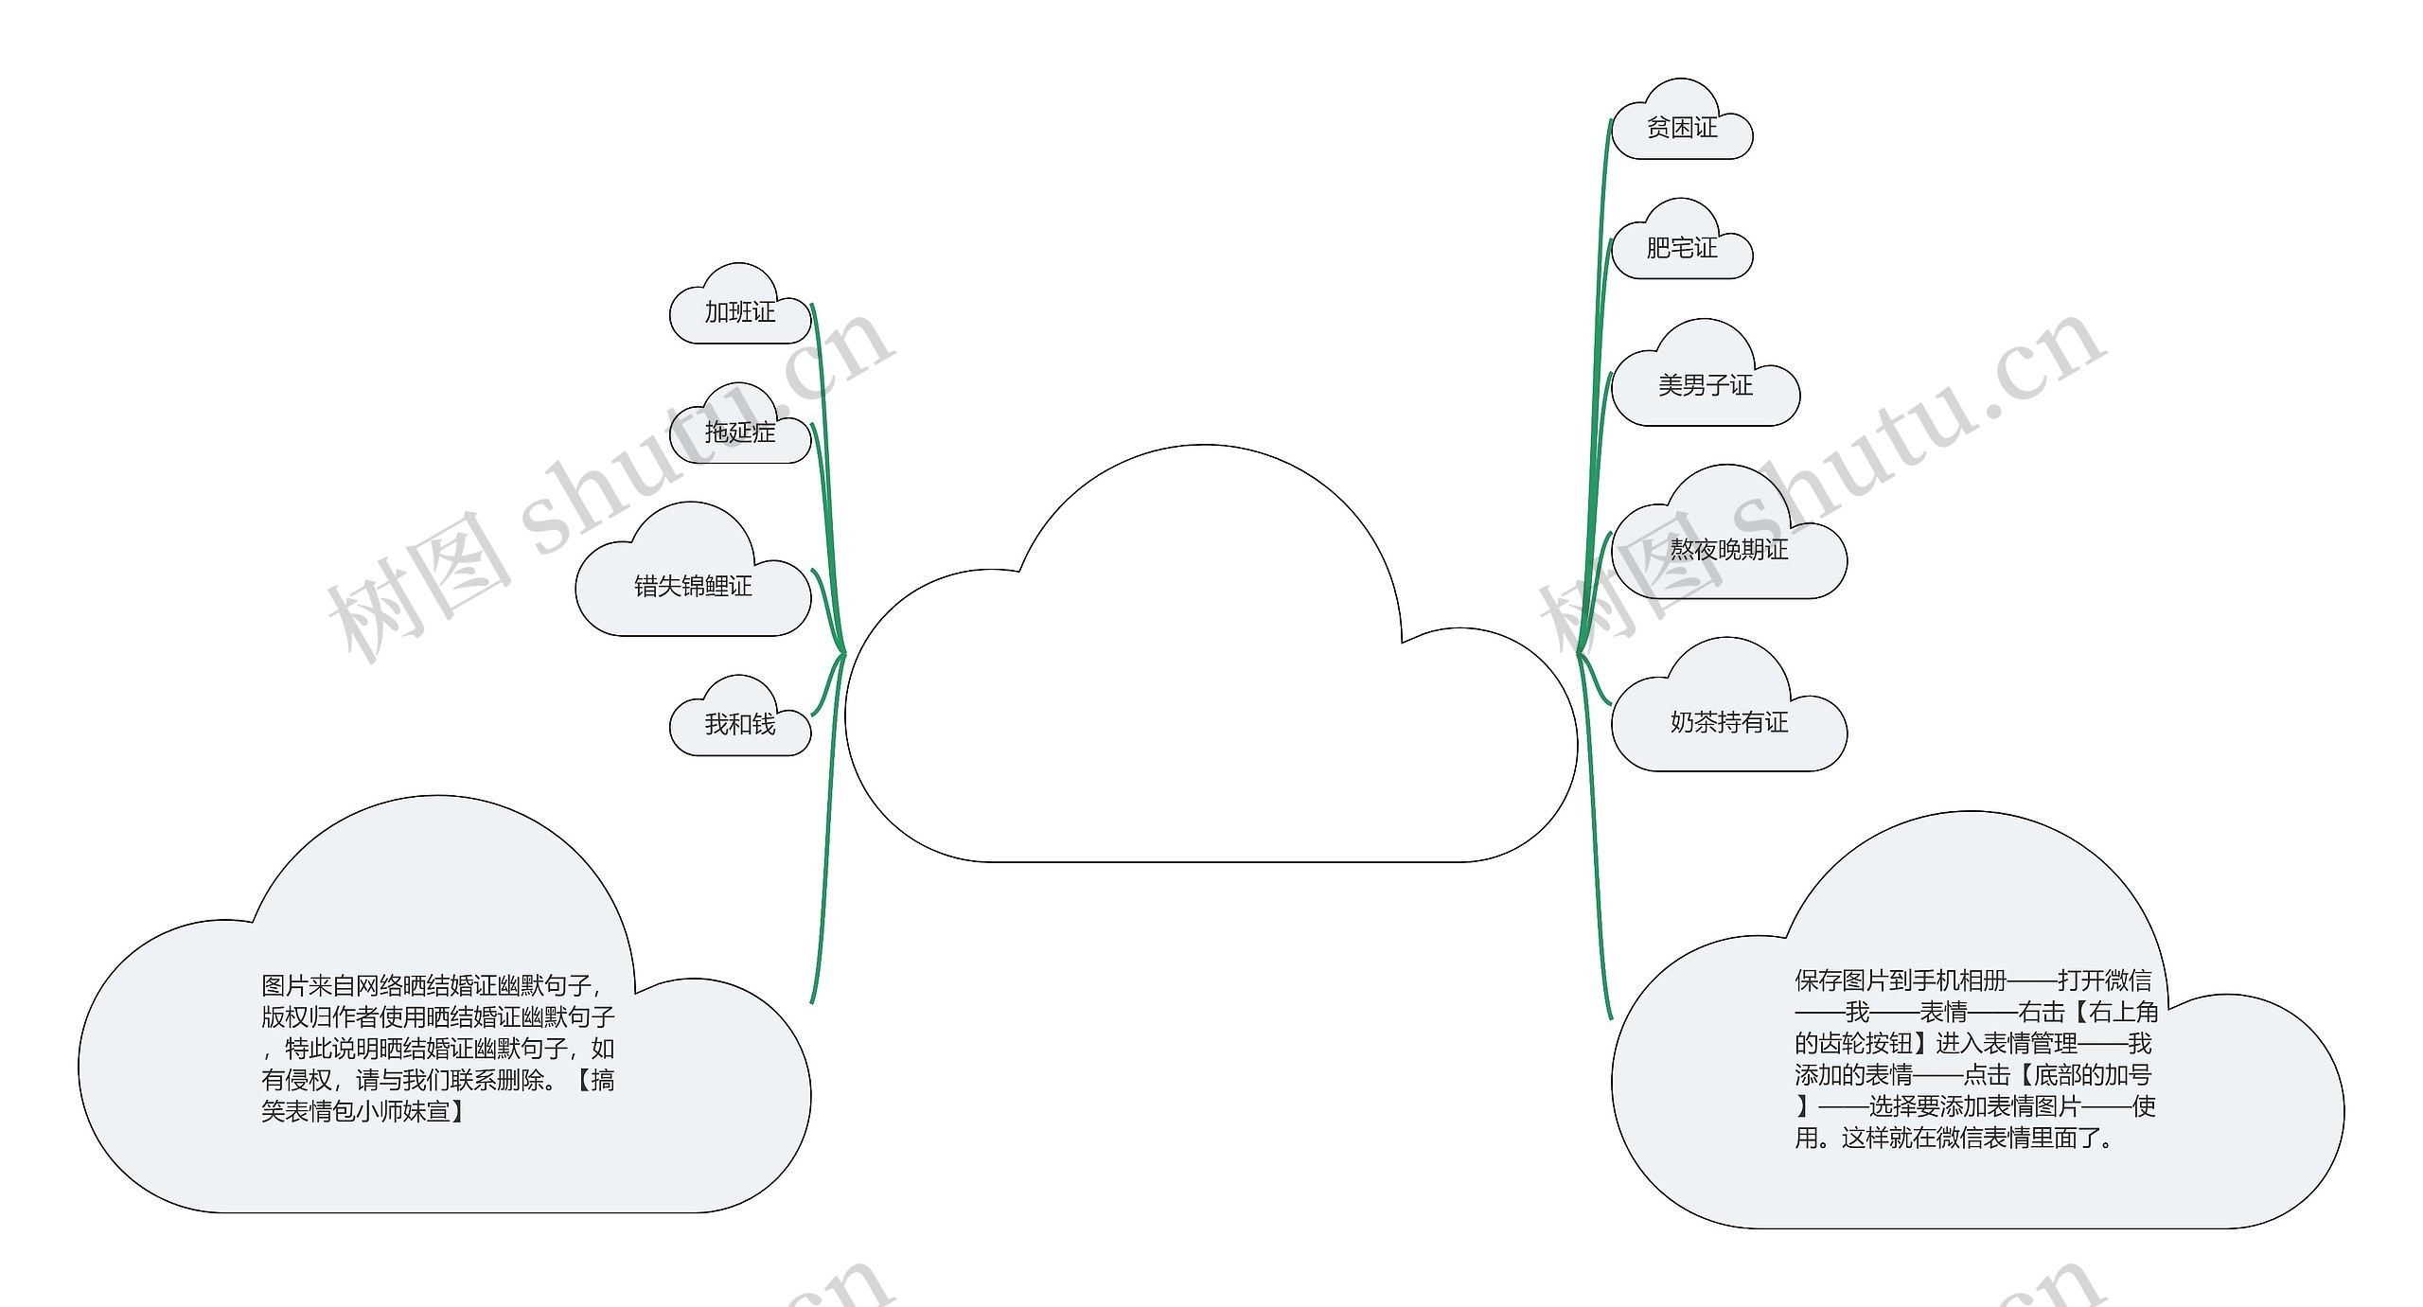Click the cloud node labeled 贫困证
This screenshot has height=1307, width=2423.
tap(1682, 128)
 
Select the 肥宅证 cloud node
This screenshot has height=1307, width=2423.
tap(1682, 248)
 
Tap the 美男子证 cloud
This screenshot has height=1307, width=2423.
tap(1705, 385)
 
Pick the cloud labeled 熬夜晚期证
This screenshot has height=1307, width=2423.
tap(1728, 549)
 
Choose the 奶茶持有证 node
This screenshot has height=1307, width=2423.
tap(1728, 722)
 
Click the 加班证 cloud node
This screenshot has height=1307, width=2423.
tap(739, 311)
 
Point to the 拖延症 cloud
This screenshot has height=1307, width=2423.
tap(739, 433)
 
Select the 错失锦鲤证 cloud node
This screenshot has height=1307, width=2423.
tap(693, 586)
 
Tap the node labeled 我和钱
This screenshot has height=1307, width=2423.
tap(739, 724)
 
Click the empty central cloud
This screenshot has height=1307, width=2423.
tap(1210, 700)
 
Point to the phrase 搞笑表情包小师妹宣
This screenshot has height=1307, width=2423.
tap(439, 1095)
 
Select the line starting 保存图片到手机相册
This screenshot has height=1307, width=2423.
tap(1972, 980)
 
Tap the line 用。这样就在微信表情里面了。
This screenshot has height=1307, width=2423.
tap(1954, 1138)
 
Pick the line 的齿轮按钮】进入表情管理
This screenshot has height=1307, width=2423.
tap(1972, 1044)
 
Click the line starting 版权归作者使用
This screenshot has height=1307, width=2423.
tap(437, 1017)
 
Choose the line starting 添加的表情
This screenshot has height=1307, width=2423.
tap(1972, 1075)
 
